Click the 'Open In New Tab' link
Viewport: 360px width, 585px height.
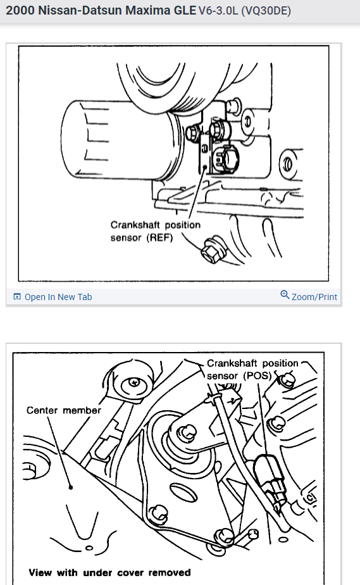pos(58,297)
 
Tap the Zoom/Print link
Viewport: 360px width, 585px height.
pos(314,297)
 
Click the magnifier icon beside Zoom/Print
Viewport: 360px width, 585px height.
pos(285,295)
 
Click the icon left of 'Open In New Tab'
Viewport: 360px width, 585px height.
pos(17,296)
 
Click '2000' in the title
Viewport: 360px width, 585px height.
pos(20,10)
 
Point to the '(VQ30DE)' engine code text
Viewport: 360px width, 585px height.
pos(266,11)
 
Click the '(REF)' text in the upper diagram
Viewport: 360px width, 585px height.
pos(160,237)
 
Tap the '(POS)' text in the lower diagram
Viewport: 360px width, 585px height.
pos(258,375)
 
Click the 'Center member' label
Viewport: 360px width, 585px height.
pos(64,410)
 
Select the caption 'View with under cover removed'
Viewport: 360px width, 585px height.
pos(110,573)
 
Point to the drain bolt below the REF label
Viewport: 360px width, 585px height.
pos(213,249)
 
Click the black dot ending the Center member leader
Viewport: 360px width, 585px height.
pos(70,487)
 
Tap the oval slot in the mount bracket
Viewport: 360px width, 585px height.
pos(183,493)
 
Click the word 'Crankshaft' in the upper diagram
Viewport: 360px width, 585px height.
pos(135,225)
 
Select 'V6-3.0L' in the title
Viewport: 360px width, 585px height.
pos(218,11)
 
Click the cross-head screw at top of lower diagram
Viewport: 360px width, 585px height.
pos(134,382)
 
